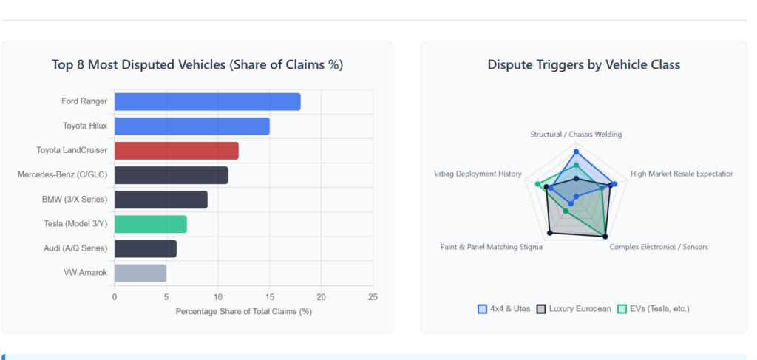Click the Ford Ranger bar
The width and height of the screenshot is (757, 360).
207,101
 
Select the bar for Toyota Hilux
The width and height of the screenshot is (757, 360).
191,126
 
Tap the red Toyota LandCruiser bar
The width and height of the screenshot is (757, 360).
176,151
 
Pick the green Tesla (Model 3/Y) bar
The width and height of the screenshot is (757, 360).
150,224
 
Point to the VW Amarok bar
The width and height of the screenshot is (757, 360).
140,273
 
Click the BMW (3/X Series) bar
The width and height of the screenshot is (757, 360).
160,200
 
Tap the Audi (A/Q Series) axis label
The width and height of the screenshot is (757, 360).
75,248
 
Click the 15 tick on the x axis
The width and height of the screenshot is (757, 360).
269,297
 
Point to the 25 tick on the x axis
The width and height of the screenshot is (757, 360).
373,297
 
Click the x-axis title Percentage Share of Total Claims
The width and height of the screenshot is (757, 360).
243,311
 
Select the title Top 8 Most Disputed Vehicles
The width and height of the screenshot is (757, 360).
197,64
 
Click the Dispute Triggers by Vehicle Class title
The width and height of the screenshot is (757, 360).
583,64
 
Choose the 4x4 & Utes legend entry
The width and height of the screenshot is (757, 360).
504,308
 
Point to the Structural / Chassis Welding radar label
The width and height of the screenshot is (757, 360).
576,135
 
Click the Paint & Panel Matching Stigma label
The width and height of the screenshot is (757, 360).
492,247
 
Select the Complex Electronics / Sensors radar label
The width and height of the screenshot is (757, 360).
659,247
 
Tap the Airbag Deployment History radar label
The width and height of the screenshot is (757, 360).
478,174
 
